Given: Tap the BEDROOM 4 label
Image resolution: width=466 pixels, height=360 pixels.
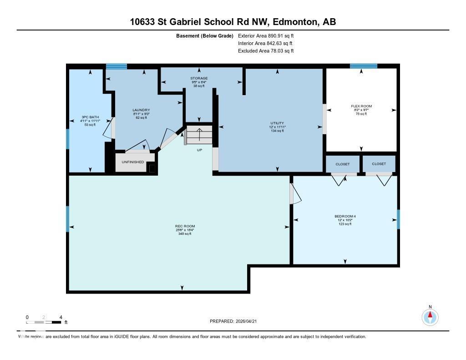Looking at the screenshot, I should pyautogui.click(x=345, y=216).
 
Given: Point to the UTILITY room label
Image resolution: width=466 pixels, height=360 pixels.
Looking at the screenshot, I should pyautogui.click(x=277, y=123).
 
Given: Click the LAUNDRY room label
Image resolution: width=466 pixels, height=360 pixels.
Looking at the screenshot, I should pyautogui.click(x=141, y=110).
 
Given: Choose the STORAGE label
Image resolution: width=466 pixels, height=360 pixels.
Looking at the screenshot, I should pyautogui.click(x=199, y=78).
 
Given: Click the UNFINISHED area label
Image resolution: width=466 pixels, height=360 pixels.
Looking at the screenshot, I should pyautogui.click(x=133, y=162).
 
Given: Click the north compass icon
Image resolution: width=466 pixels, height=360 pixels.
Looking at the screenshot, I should pyautogui.click(x=430, y=316).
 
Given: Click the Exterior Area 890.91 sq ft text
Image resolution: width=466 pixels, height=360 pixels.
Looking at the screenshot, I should pyautogui.click(x=266, y=35).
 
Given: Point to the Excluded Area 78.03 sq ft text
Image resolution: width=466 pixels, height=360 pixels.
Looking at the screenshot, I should pyautogui.click(x=266, y=51).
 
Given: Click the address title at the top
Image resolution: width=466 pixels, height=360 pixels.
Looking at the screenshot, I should pyautogui.click(x=233, y=21).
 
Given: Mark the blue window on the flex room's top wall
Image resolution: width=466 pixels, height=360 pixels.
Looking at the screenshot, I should pyautogui.click(x=364, y=66).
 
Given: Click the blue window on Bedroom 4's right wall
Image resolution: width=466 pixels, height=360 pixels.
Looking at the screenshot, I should pyautogui.click(x=398, y=219).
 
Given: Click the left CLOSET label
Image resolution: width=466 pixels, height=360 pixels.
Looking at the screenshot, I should pyautogui.click(x=342, y=164).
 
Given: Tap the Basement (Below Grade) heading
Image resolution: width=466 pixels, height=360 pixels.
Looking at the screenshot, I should pyautogui.click(x=205, y=35).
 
